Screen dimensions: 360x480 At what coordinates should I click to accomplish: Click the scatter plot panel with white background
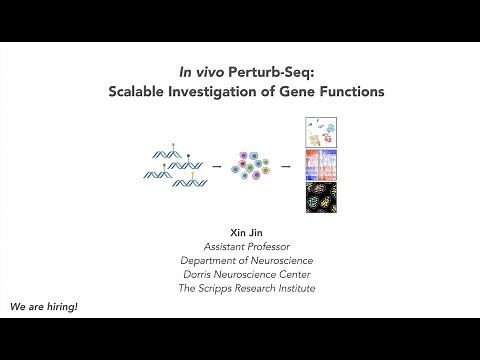click(320, 131)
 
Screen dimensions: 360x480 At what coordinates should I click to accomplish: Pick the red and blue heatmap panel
click(320, 162)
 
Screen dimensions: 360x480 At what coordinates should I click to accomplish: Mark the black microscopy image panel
click(320, 194)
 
